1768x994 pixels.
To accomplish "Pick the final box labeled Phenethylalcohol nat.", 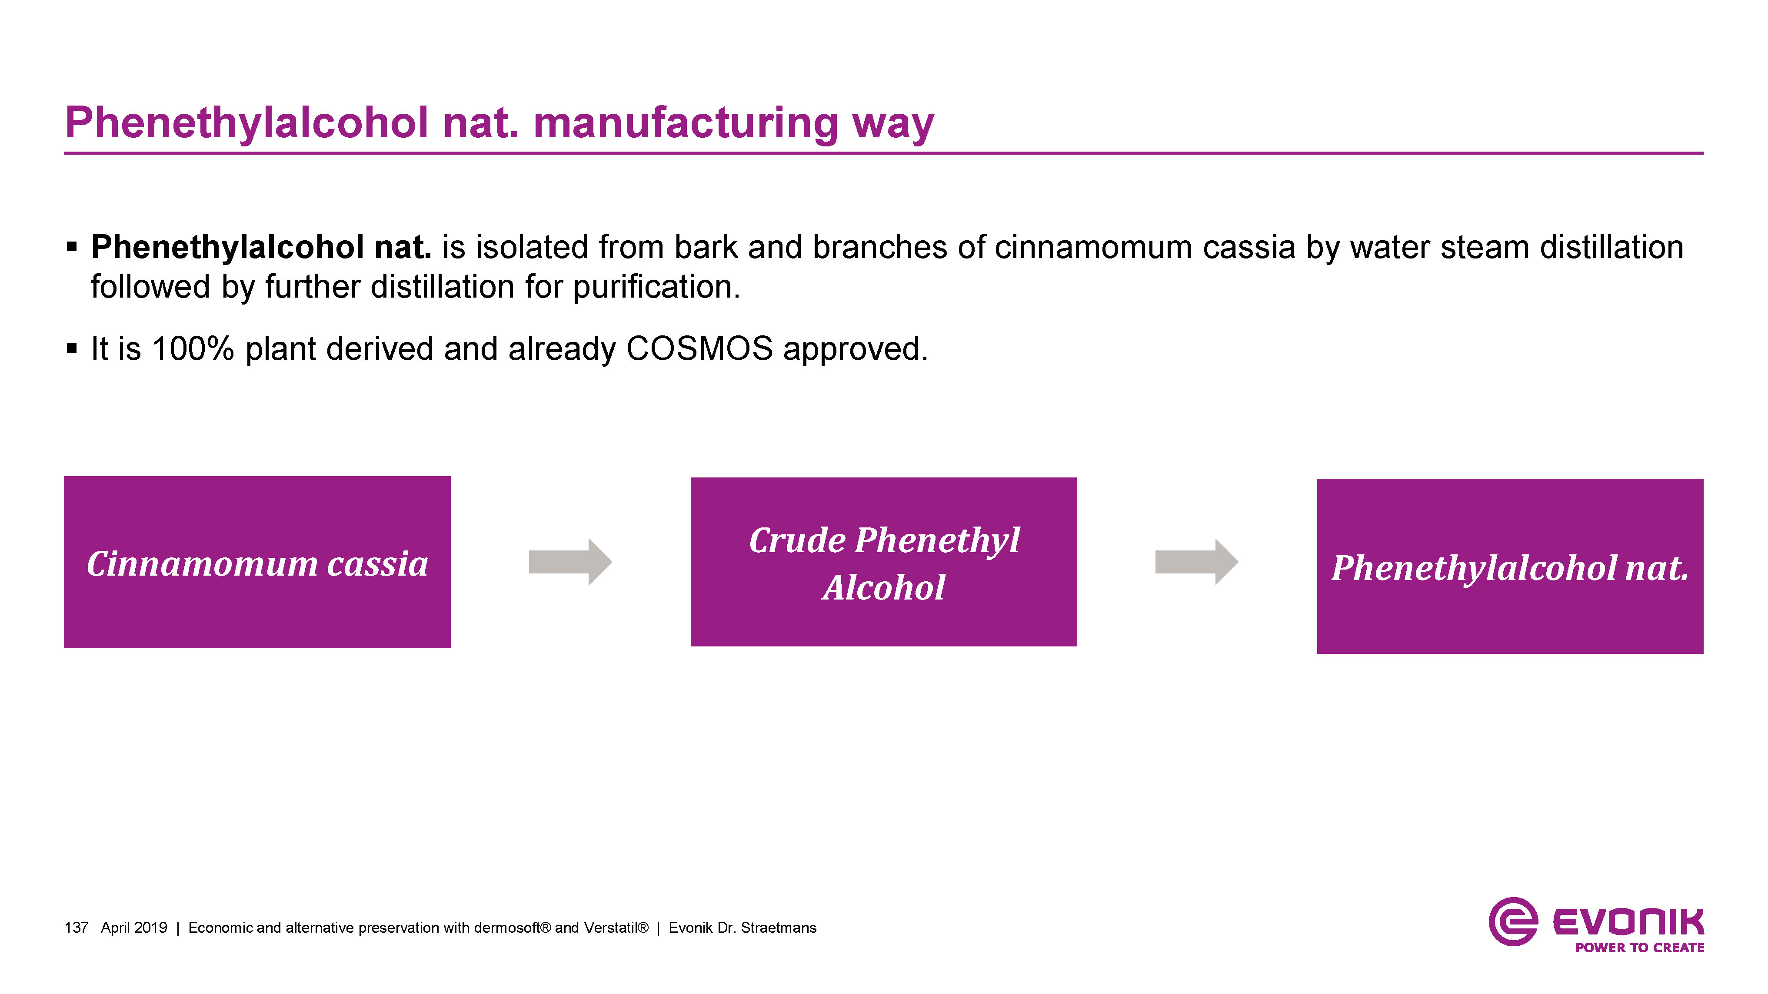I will coord(1509,566).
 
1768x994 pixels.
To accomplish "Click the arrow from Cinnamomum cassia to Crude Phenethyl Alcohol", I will coord(569,562).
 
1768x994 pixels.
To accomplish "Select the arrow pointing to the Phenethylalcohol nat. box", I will coord(1196,562).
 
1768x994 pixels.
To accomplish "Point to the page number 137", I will coord(76,928).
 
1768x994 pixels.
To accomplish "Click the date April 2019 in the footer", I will coord(134,928).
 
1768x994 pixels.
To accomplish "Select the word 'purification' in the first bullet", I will coord(656,287).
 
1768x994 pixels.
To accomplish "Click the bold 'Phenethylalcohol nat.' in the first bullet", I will coord(261,247).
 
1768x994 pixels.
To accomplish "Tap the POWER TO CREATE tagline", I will coord(1640,948).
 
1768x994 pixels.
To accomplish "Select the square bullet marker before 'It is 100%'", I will coord(71,348).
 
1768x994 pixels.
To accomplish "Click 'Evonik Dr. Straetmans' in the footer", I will coord(742,928).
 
